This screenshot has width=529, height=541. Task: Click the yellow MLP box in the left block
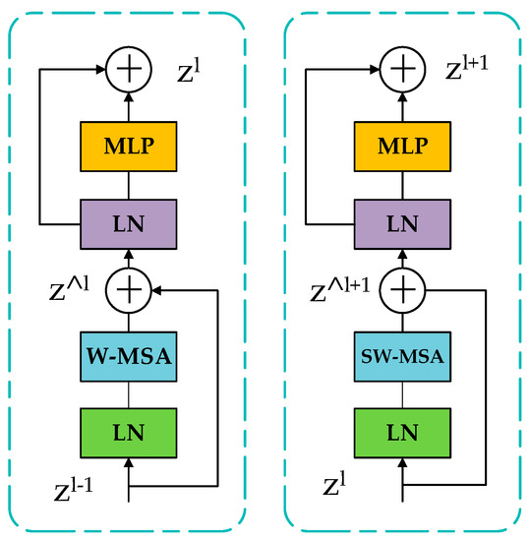(129, 147)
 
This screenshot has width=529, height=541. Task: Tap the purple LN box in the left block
(129, 221)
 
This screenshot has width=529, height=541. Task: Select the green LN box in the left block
(129, 430)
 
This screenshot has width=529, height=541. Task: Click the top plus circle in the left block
(129, 70)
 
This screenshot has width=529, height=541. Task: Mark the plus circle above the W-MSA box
(129, 291)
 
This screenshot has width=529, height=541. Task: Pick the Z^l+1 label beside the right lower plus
(338, 291)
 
